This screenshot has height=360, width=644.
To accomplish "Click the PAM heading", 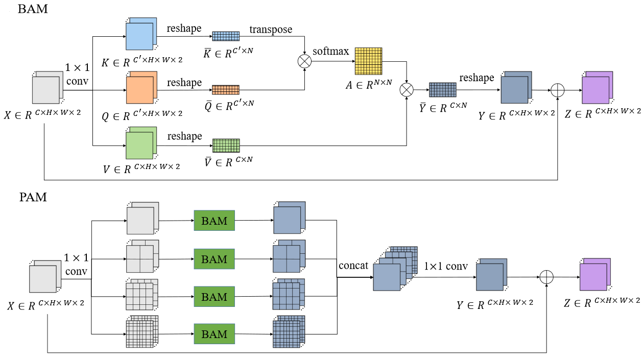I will coord(32,197).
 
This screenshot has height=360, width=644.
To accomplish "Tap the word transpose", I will coord(271,29).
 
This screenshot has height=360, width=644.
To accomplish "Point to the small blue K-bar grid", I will coord(226,36).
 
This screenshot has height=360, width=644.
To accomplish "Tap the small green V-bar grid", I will coord(226,146).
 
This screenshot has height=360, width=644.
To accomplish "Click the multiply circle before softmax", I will coord(305,61).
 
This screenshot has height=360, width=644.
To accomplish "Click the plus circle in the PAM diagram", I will coord(546,277).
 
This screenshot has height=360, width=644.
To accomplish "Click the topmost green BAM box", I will coord(214,221).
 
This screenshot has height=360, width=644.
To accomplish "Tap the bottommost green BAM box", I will coord(214,334).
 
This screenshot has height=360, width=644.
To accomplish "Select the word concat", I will coord(353,266).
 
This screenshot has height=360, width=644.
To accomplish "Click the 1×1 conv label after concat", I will coord(446,266).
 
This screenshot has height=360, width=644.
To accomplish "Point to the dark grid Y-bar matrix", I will coord(442,90).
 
